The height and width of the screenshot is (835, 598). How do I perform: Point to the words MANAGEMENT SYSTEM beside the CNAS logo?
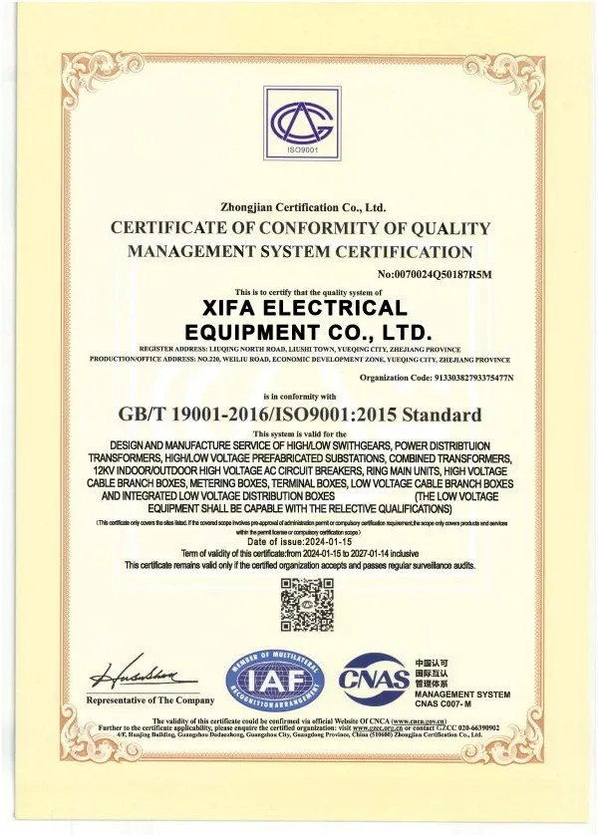tap(461, 694)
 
